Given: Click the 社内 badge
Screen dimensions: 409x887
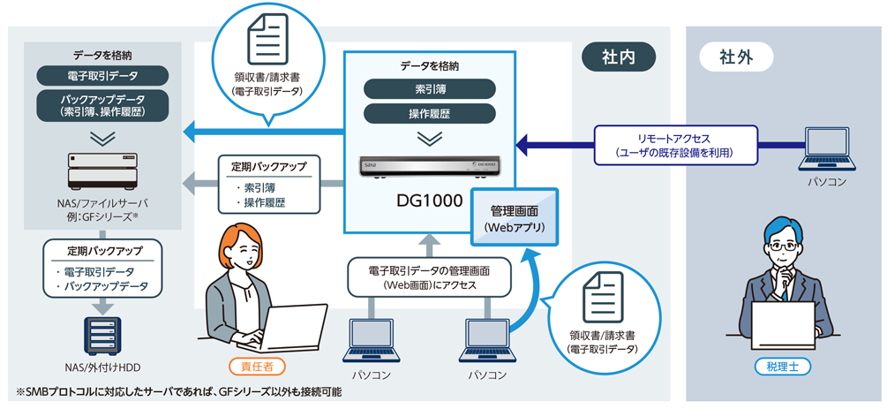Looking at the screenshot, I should click(x=619, y=57).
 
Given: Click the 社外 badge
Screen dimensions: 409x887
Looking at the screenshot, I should click(x=735, y=57).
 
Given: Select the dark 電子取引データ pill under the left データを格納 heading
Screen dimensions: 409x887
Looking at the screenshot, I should click(x=102, y=76).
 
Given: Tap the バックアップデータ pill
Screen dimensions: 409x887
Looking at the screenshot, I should click(x=102, y=105).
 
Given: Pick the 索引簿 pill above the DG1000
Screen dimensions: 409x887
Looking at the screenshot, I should click(x=429, y=89).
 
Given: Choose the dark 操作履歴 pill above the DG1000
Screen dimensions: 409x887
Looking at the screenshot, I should click(x=429, y=113).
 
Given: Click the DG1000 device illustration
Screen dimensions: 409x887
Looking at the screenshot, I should click(x=429, y=165).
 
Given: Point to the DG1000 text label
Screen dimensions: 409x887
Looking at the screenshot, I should click(x=428, y=201).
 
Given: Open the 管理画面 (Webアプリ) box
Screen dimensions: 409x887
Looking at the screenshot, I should click(x=515, y=218).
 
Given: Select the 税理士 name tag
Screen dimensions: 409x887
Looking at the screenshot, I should click(x=782, y=366).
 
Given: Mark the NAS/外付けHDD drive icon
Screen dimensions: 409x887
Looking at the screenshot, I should click(x=102, y=333).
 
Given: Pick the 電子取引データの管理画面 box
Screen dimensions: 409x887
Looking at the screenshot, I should click(x=429, y=276).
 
